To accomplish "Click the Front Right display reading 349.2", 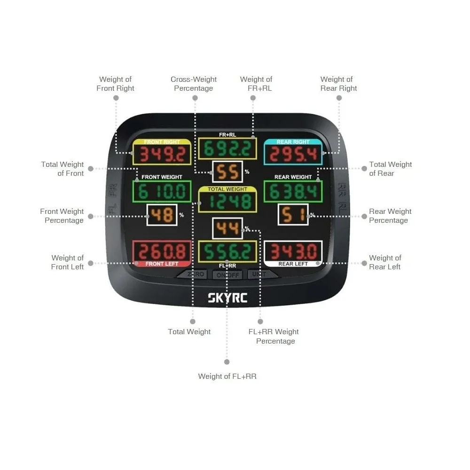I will point(162,154).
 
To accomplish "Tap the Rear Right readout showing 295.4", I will point(293,154).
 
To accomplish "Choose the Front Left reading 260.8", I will point(162,251).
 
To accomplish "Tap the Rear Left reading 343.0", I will point(293,251).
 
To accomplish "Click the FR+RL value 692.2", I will point(227,149).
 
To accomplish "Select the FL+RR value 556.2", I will point(227,252).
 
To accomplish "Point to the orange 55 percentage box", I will point(227,172).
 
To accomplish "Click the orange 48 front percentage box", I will point(162,215).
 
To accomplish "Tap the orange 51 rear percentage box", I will point(293,215).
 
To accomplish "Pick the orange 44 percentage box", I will point(227,229).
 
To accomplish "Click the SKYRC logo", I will point(227,298).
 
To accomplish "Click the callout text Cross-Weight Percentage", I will point(194,84).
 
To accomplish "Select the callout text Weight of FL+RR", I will point(227,376).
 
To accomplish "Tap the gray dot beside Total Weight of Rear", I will point(364,169).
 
